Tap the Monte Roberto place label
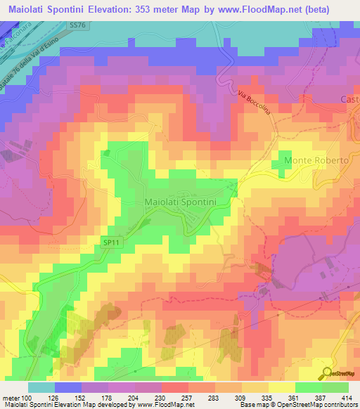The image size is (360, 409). click(x=316, y=161)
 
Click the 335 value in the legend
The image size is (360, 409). click(x=259, y=397)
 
